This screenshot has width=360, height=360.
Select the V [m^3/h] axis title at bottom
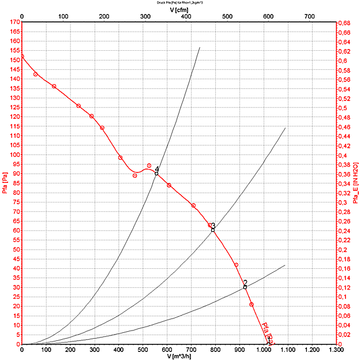pyautogui.click(x=179, y=355)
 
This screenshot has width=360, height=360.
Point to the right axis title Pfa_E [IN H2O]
pyautogui.click(x=355, y=183)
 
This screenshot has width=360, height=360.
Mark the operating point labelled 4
pyautogui.click(x=156, y=173)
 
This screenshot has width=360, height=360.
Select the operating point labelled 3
pyautogui.click(x=213, y=230)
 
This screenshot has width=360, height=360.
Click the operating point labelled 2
pyautogui.click(x=245, y=287)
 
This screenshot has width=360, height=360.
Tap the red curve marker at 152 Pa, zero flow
pyautogui.click(x=22, y=56)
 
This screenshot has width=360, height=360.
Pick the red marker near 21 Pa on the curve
pyautogui.click(x=252, y=305)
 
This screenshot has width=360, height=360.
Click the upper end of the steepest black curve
pyautogui.click(x=200, y=47)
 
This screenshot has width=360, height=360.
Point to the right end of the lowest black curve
pyautogui.click(x=285, y=265)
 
